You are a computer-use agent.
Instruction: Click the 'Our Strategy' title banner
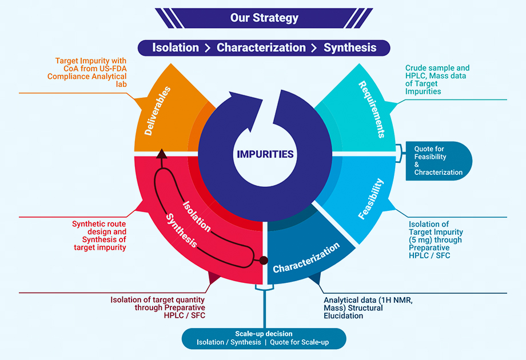click(x=264, y=18)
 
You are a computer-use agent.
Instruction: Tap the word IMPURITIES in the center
click(x=265, y=154)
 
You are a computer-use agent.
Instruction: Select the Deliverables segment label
click(x=158, y=111)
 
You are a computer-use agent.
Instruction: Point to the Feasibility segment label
click(x=371, y=199)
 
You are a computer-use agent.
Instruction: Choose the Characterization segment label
click(x=306, y=258)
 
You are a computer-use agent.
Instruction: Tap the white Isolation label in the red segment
click(x=197, y=216)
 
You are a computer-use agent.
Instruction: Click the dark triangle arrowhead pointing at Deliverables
click(x=161, y=153)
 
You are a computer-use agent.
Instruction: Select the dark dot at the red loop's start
click(x=264, y=261)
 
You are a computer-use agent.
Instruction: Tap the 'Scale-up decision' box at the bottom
click(x=264, y=338)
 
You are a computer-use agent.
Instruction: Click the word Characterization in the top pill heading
click(x=261, y=47)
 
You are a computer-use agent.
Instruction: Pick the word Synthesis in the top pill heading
click(x=350, y=47)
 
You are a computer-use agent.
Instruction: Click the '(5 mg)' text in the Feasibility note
click(x=422, y=240)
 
